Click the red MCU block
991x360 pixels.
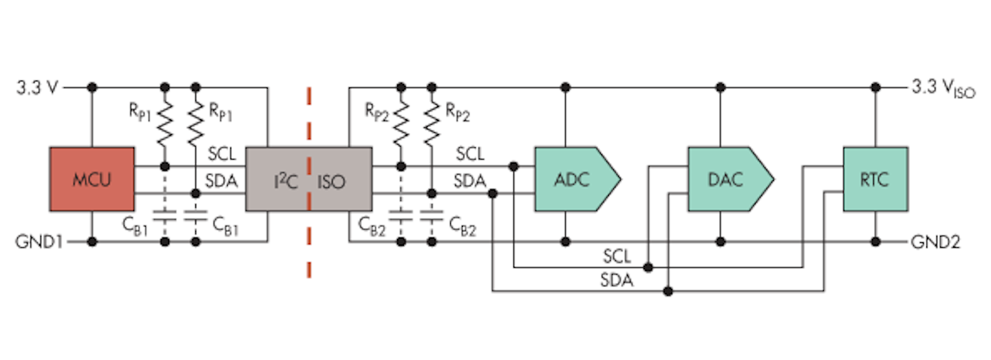(x=92, y=179)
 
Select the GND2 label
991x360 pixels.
(x=936, y=242)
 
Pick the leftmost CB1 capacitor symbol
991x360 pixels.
(x=164, y=217)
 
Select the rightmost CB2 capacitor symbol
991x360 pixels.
(x=431, y=217)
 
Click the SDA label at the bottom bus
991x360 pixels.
(x=617, y=282)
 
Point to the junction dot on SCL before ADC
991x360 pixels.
(x=513, y=166)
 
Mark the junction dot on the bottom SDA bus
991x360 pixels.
(x=668, y=291)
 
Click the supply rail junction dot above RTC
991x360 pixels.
(x=875, y=87)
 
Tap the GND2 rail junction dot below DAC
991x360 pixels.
(x=721, y=242)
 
